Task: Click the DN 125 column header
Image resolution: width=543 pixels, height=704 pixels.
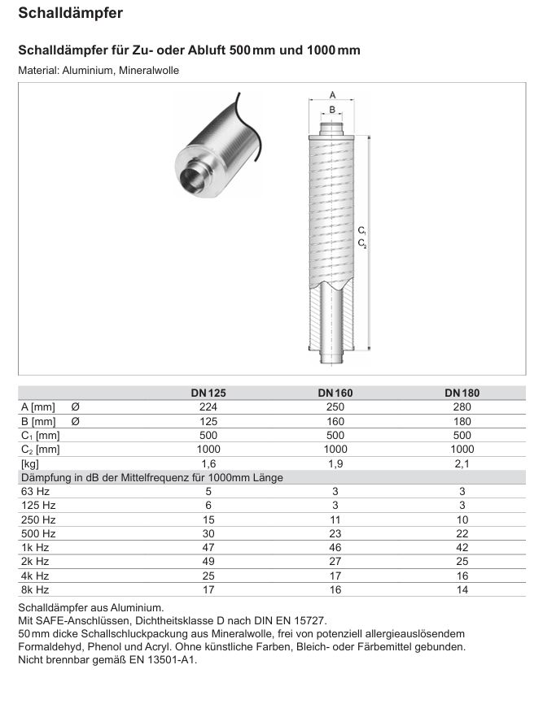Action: [208, 393]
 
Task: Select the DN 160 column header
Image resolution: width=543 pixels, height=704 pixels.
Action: [335, 393]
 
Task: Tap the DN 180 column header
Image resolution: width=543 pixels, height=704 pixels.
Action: [462, 393]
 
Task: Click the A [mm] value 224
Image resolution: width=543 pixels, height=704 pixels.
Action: [208, 406]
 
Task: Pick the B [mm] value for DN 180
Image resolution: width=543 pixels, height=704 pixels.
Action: [462, 421]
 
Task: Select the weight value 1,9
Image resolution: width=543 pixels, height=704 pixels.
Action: [335, 463]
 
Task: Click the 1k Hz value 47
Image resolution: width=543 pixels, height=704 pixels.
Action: [208, 547]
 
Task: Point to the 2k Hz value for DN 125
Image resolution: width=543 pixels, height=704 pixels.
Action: [208, 561]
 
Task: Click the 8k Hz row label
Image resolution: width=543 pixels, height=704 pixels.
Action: [35, 589]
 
